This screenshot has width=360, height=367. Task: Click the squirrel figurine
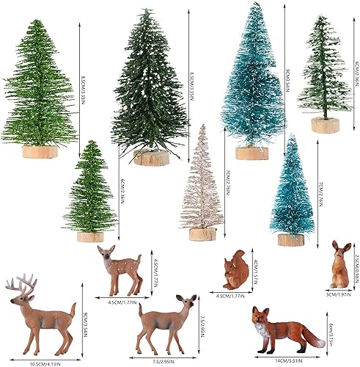236,273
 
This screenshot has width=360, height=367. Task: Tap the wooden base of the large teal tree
251,153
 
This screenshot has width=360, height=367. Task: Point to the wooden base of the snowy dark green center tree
153,157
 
